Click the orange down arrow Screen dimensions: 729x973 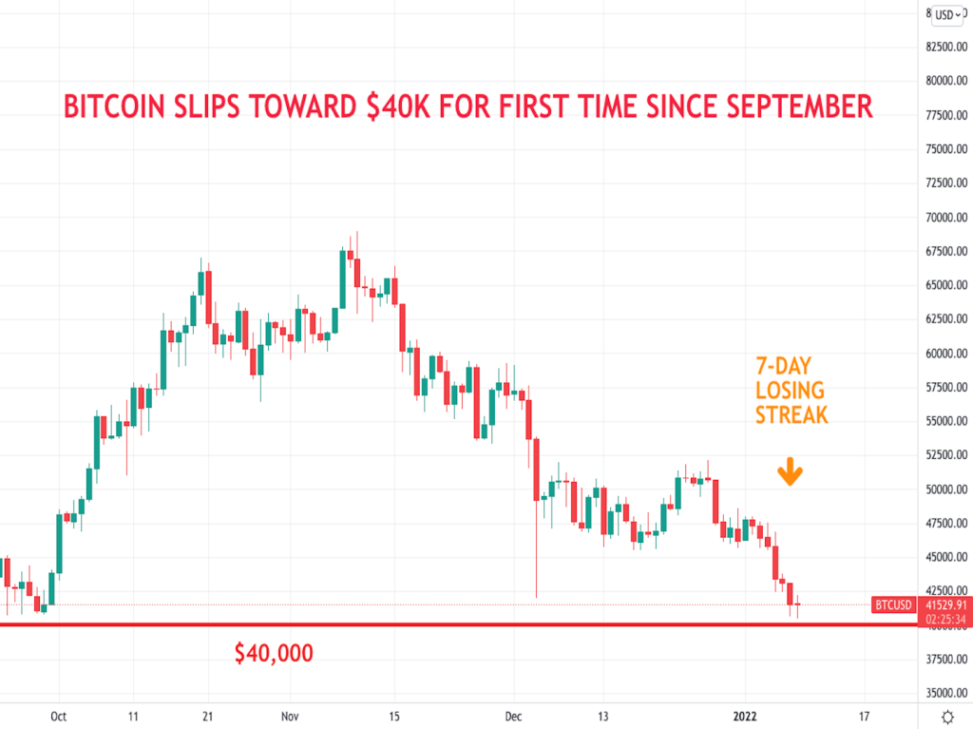point(790,472)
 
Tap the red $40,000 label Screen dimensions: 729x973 point(274,653)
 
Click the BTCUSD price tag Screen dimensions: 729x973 point(893,604)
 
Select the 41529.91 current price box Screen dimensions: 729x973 point(945,604)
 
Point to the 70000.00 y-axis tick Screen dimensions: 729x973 point(946,218)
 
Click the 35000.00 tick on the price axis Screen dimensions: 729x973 point(946,693)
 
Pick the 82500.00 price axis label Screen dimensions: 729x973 point(946,47)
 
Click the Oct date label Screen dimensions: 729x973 point(58,717)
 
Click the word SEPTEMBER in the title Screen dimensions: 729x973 point(788,106)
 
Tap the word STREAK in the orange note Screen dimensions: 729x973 point(791,415)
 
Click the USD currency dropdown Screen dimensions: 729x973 point(946,14)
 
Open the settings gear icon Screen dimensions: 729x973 point(946,717)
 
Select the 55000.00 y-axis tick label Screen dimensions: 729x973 point(946,421)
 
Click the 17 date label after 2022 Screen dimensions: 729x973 point(864,717)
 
